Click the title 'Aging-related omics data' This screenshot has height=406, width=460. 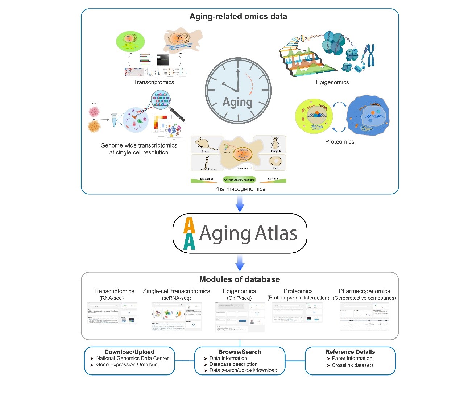[x=238, y=17]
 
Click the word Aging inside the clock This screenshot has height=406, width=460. [x=237, y=102]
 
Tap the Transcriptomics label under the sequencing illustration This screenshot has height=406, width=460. [x=154, y=82]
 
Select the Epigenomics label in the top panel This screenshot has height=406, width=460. [x=332, y=82]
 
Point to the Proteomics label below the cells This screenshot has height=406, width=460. [x=340, y=142]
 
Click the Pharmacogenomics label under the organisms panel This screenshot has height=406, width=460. [x=240, y=189]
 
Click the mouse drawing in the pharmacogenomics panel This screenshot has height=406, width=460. [x=205, y=143]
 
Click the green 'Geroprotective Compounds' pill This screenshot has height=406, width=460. [x=239, y=179]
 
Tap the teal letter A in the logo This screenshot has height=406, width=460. [x=189, y=242]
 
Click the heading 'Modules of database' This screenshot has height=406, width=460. [x=240, y=279]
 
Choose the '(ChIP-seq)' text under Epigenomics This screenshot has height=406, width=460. [x=239, y=298]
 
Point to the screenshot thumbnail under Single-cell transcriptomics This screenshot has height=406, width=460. [x=177, y=316]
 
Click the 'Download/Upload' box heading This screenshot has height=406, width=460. [x=129, y=352]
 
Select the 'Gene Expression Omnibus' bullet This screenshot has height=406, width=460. [x=127, y=365]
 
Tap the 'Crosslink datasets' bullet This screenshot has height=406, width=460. [x=353, y=365]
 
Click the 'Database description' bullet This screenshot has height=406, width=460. [x=233, y=364]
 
